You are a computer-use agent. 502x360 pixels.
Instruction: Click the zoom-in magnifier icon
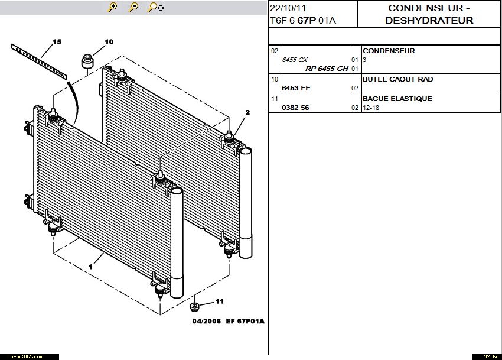112,7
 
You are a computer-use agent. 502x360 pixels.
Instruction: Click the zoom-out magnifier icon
133,7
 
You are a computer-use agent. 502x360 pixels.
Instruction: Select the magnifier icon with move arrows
156,7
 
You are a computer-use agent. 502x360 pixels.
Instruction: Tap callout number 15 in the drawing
57,41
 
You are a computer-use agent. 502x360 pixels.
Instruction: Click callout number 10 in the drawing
109,41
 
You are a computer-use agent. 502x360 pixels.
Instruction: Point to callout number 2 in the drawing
247,112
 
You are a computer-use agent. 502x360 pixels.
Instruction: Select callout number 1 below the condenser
90,267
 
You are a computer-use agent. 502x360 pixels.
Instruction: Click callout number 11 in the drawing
219,301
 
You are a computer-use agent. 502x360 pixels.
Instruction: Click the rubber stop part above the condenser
87,61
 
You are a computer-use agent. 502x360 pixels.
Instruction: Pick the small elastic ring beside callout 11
194,307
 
